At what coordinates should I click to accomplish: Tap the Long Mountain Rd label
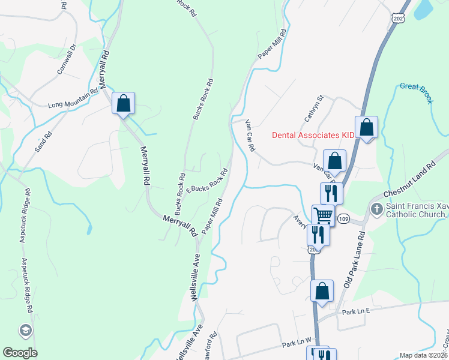[72, 100]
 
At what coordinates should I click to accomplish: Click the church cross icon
[376, 209]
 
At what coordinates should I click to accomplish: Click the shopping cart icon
[323, 215]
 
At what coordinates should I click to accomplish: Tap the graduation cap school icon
[26, 330]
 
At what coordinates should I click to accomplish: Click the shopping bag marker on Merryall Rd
[123, 103]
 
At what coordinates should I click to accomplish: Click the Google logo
[20, 353]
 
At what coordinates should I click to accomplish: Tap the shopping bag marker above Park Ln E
[322, 291]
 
